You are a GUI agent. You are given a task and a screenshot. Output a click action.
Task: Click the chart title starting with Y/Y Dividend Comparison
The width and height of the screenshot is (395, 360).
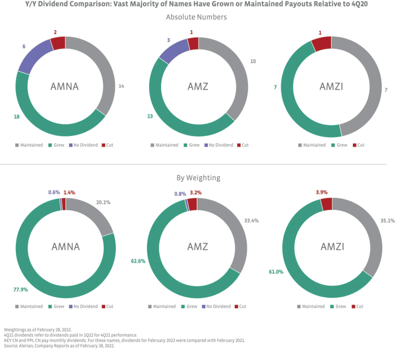(x=196, y=5)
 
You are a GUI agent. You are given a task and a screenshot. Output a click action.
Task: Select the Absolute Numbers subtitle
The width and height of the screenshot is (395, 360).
(x=196, y=17)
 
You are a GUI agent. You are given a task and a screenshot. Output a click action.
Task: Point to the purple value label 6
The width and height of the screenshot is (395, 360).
(x=23, y=46)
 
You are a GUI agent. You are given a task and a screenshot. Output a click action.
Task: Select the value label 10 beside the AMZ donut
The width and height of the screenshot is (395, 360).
(x=253, y=62)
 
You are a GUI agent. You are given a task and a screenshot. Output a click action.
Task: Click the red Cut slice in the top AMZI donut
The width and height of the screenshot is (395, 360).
(x=322, y=44)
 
